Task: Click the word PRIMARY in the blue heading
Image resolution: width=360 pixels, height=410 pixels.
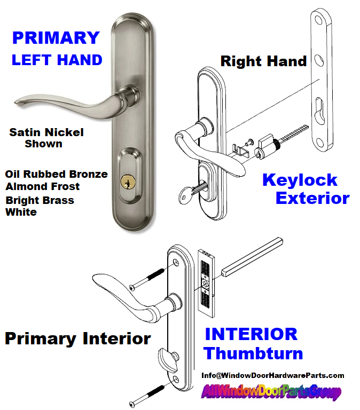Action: click(x=56, y=38)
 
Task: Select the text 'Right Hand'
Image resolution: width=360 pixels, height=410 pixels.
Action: click(x=263, y=61)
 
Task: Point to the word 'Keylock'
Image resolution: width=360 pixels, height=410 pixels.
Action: click(x=300, y=180)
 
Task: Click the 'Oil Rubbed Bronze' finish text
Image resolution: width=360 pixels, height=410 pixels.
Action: click(x=56, y=175)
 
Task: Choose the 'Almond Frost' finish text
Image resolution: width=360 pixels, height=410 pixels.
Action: click(x=42, y=187)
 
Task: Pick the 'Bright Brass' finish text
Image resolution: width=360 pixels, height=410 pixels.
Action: click(x=40, y=200)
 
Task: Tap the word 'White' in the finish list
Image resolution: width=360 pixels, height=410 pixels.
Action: click(x=21, y=212)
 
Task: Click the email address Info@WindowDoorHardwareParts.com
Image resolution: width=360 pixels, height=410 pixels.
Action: click(x=272, y=375)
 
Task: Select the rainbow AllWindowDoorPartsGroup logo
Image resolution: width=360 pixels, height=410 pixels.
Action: click(x=271, y=392)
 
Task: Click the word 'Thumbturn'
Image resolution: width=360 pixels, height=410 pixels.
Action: click(x=253, y=353)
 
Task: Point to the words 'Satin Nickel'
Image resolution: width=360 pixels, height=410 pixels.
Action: click(x=46, y=132)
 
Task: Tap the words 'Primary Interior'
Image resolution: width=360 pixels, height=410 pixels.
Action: click(x=77, y=338)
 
